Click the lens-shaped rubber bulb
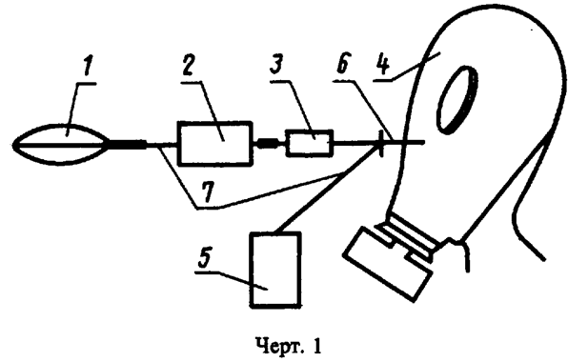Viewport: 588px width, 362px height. point(64,144)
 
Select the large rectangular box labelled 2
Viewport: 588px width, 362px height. point(215,144)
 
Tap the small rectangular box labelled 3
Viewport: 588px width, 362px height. point(310,144)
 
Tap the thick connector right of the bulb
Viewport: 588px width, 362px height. point(130,145)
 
